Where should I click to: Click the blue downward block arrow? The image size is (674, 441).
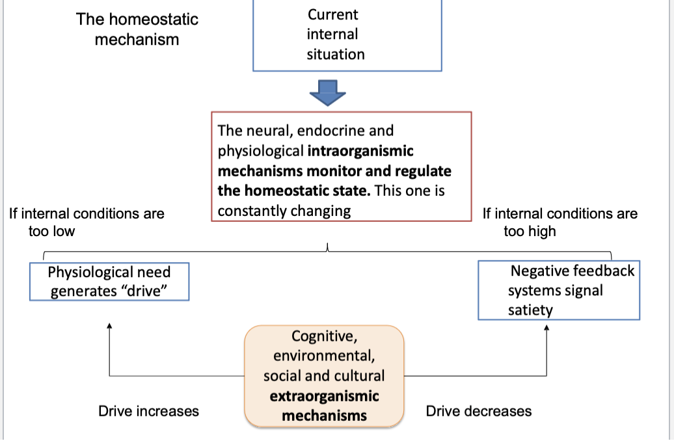click(x=327, y=92)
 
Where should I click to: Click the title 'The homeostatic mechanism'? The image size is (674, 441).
click(x=137, y=29)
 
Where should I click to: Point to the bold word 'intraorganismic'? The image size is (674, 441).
click(x=360, y=152)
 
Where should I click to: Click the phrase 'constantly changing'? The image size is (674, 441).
click(x=284, y=211)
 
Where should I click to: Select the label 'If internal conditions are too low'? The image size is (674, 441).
click(x=87, y=222)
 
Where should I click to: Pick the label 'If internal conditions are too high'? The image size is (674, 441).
click(x=559, y=222)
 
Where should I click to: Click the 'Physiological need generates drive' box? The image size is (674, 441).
click(x=109, y=281)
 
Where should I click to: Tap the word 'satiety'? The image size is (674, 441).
click(x=530, y=310)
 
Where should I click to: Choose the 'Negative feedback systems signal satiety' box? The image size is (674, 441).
click(x=559, y=290)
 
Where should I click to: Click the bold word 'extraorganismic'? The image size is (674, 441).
click(x=324, y=396)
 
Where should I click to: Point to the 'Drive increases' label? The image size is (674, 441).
click(x=148, y=411)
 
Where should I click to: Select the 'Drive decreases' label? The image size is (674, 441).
click(x=478, y=411)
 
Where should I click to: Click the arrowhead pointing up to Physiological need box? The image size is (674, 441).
click(x=109, y=327)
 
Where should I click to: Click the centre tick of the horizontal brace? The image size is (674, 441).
click(x=327, y=247)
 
